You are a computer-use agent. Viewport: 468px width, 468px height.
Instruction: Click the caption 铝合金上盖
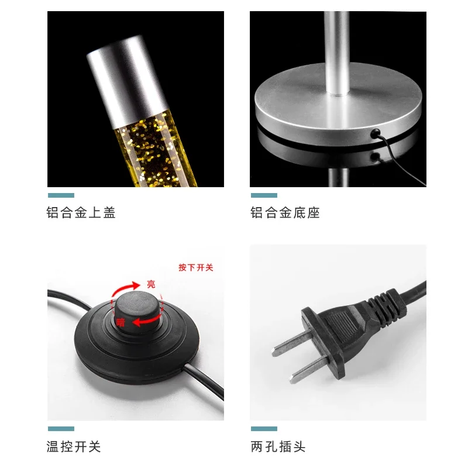81,212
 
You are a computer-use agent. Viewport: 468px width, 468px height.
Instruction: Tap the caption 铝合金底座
285,212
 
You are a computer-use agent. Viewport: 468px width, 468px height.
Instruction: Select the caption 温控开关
74,446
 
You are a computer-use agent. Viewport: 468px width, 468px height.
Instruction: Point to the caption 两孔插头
278,446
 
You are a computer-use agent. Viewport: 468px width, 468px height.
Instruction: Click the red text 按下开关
196,267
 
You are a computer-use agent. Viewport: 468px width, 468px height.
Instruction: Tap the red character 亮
151,284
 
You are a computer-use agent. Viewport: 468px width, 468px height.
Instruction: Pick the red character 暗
121,322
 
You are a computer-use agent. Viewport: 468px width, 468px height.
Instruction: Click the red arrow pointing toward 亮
125,288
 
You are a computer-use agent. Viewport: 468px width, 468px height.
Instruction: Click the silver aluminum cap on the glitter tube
126,81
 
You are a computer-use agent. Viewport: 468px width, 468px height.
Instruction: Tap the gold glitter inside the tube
155,149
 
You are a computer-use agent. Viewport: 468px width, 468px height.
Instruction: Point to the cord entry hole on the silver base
375,133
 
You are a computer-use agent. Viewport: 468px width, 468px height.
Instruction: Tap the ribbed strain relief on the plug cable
387,306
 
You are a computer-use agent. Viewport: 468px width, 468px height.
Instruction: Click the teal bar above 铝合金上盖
61,195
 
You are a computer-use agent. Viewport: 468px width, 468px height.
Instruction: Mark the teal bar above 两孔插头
264,429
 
